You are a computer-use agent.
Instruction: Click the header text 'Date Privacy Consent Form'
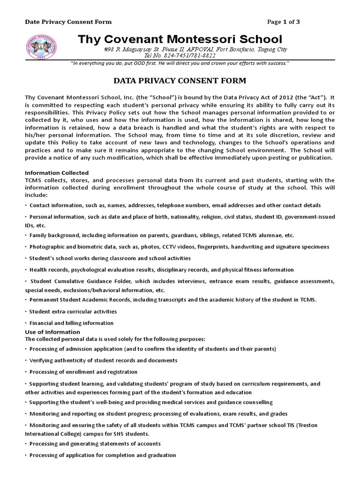68,22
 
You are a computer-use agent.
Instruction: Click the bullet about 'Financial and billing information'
71,323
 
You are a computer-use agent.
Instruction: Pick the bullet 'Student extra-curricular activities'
73,311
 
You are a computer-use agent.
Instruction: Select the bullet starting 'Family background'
161,235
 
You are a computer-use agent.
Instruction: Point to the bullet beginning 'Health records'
161,270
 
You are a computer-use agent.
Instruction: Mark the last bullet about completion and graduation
102,455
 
